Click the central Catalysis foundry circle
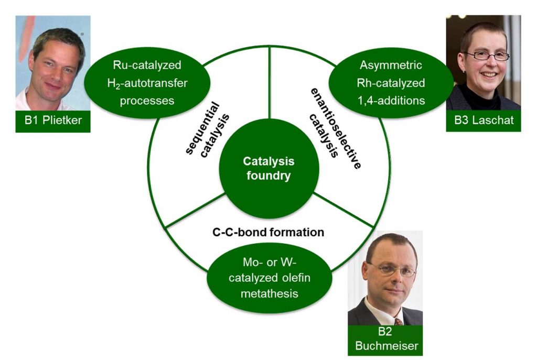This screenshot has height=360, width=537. pos(269,168)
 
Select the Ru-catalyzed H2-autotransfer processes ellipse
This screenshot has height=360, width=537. pos(147,83)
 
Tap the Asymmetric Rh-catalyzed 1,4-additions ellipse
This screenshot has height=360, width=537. pos(391,83)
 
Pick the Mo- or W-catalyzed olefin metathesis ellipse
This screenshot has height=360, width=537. pos(270,278)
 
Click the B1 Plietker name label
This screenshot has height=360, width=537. pos(53,121)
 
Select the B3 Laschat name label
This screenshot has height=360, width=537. pos(484,121)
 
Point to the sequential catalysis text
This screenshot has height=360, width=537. pos(207,130)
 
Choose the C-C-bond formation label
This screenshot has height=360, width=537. pos(268,232)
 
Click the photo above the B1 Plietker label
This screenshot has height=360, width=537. pos(53,63)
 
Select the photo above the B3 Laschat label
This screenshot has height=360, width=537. pos(484,63)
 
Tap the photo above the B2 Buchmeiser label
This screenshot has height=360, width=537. pos(385,278)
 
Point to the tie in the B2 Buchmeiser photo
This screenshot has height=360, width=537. pos(398,322)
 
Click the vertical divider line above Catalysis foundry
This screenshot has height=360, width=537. pos(270,82)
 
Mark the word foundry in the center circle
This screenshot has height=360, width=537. pos(269,176)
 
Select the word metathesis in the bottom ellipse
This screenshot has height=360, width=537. pos(270,293)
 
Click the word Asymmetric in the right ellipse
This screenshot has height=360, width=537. pos(391,65)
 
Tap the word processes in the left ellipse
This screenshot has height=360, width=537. pos(147,101)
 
